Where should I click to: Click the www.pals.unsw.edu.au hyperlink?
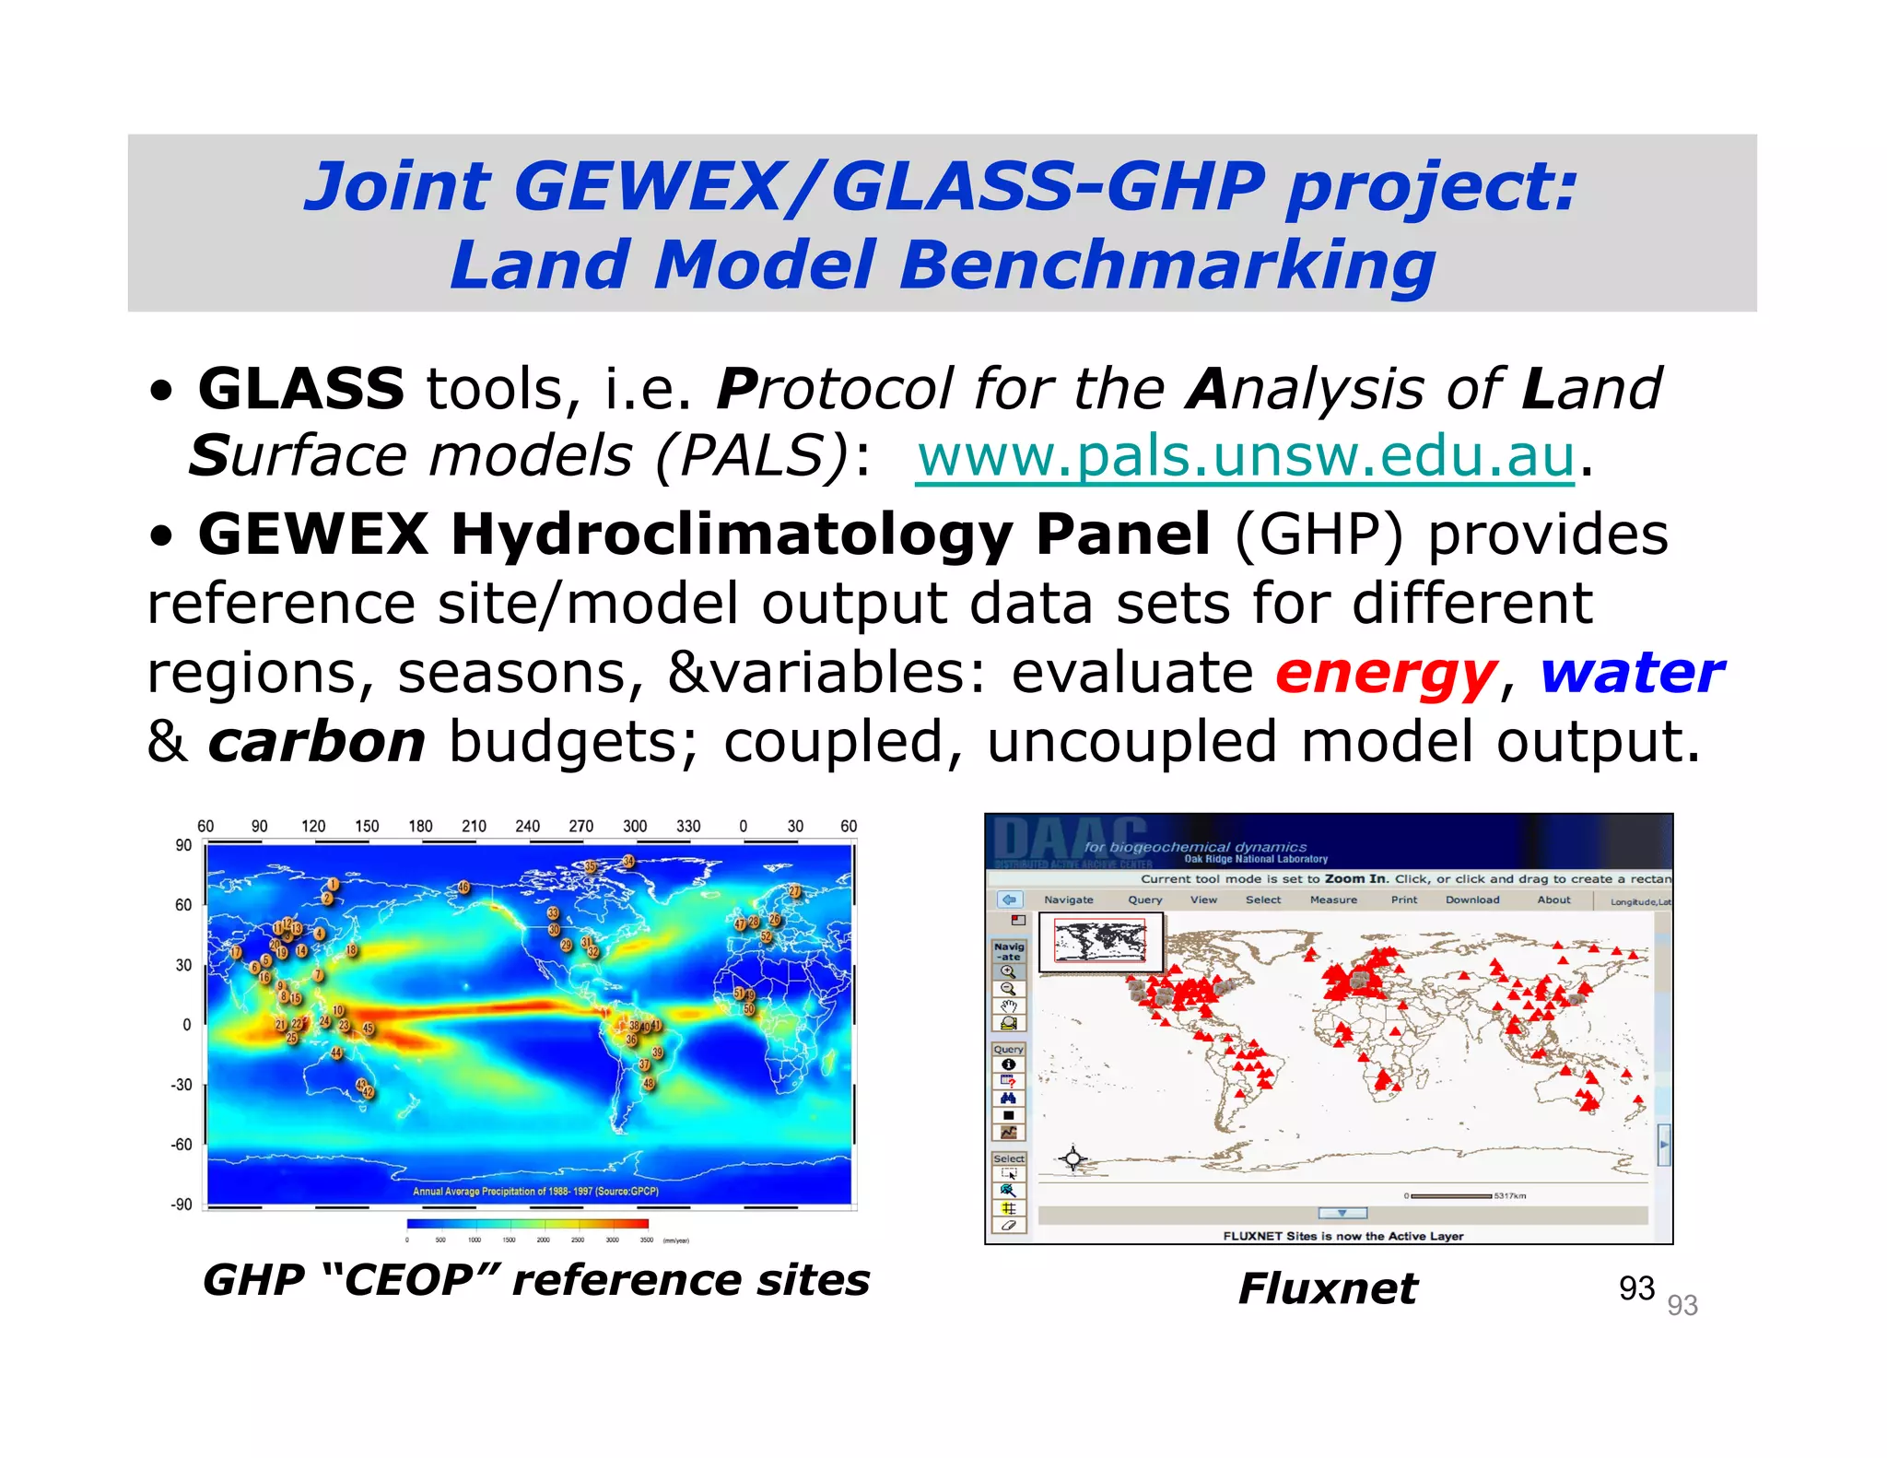click(x=1246, y=456)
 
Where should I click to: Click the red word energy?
click(x=1386, y=673)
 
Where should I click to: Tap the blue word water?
click(x=1632, y=673)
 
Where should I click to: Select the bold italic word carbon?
click(x=316, y=742)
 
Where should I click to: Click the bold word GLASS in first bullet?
click(x=301, y=389)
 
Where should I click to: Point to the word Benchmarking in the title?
click(x=1166, y=265)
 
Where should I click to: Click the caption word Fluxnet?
click(x=1327, y=1288)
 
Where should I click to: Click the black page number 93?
click(x=1636, y=1288)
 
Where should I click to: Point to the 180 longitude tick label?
click(x=420, y=827)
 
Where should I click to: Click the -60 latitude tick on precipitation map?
click(x=182, y=1145)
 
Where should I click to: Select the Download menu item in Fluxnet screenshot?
click(x=1471, y=900)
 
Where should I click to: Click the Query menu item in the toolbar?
click(x=1144, y=900)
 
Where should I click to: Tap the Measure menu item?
click(x=1332, y=900)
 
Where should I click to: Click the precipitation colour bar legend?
click(x=527, y=1224)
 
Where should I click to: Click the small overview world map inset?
click(x=1100, y=942)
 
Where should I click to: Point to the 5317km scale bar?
click(x=1450, y=1196)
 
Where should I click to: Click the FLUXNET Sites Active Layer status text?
click(x=1342, y=1236)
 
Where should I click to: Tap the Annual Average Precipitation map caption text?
click(x=535, y=1192)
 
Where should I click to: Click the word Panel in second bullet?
click(x=1122, y=535)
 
